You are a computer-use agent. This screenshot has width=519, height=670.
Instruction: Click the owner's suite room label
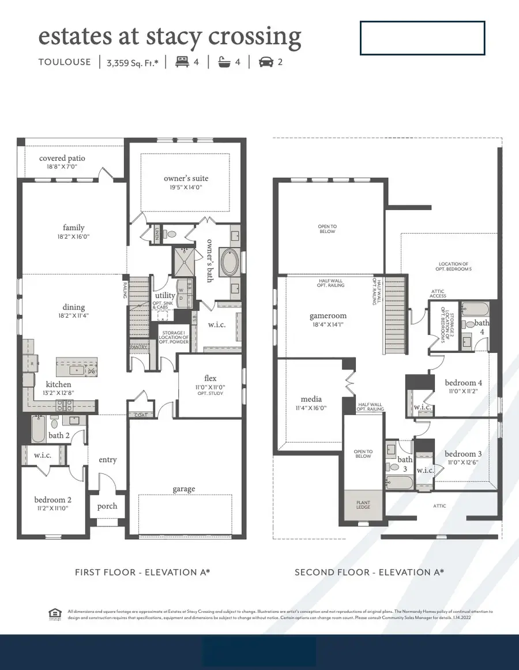pos(186,178)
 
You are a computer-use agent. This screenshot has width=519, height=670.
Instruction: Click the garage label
pos(183,489)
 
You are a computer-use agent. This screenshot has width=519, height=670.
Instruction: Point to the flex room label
pos(210,378)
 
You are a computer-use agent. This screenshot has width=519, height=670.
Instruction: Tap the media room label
pos(311,399)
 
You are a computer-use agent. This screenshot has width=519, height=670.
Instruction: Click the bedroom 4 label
pos(463,382)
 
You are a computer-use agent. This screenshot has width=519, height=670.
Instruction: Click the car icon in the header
pos(266,62)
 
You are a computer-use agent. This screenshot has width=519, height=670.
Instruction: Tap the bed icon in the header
pos(182,62)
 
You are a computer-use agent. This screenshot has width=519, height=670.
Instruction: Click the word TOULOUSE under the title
pos(65,62)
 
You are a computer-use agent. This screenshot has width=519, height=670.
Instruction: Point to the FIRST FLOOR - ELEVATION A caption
pos(142,572)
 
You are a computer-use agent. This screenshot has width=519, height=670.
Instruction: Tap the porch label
pos(107,506)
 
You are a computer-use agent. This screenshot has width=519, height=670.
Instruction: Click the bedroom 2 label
pos(52,499)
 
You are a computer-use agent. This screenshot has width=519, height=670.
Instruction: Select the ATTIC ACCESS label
pos(438,293)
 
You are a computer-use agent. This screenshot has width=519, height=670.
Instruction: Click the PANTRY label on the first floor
pos(137,347)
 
